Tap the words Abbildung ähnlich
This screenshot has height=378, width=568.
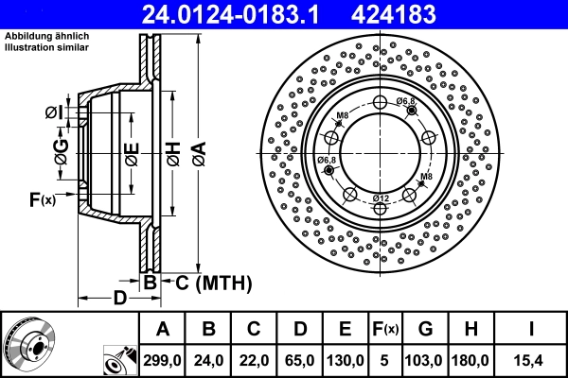point(46,35)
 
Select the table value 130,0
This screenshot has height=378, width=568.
point(345,360)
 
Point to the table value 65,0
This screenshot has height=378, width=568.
point(298,360)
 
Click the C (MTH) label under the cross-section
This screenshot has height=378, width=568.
point(204,282)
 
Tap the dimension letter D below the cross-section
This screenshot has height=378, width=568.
point(119,299)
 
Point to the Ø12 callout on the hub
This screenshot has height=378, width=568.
point(380,197)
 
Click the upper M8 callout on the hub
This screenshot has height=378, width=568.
point(343,115)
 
